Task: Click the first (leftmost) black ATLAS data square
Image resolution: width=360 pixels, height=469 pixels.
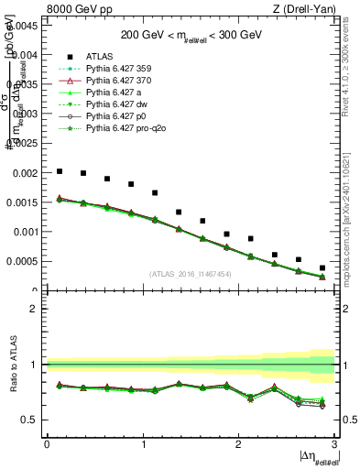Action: [60, 171]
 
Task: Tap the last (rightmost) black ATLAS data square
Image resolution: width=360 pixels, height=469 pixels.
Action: [322, 268]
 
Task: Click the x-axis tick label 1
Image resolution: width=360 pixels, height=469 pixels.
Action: [143, 444]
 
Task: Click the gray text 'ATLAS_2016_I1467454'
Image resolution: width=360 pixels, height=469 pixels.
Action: [191, 274]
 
